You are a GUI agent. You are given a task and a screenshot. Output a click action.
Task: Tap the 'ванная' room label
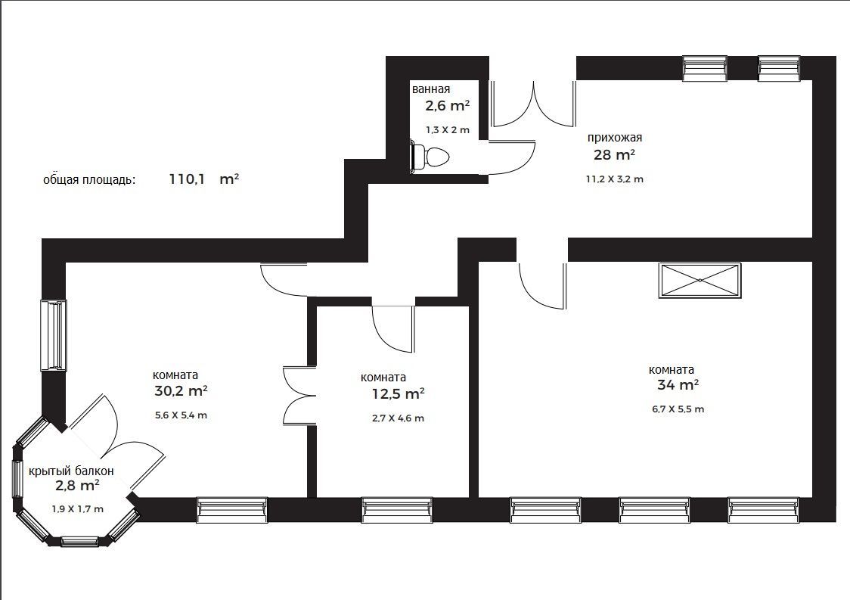pyautogui.click(x=431, y=89)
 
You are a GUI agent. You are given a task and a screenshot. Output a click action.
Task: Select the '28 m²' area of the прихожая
pyautogui.click(x=614, y=155)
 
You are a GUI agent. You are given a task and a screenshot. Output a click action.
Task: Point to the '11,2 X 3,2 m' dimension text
pyautogui.click(x=614, y=179)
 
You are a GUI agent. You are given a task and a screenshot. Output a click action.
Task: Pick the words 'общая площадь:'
pyautogui.click(x=89, y=180)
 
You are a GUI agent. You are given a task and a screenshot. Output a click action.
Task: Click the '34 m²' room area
pyautogui.click(x=678, y=385)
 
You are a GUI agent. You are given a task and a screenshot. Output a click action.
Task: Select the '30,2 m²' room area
pyautogui.click(x=181, y=391)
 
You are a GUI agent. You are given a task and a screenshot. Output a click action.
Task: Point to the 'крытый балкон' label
pyautogui.click(x=71, y=471)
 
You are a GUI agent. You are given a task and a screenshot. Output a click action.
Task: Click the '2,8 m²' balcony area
pyautogui.click(x=77, y=485)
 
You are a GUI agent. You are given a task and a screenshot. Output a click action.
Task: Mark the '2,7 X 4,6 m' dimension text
pyautogui.click(x=398, y=418)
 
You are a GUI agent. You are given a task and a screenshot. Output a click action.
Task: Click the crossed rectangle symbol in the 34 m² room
pyautogui.click(x=700, y=280)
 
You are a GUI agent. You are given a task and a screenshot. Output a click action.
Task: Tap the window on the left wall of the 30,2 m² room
pyautogui.click(x=54, y=335)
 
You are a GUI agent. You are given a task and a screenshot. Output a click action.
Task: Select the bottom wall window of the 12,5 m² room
pyautogui.click(x=397, y=509)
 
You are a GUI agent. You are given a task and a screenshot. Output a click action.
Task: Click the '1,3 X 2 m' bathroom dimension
pyautogui.click(x=448, y=130)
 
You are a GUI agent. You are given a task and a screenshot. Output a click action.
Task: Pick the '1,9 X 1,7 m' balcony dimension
pyautogui.click(x=78, y=509)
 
